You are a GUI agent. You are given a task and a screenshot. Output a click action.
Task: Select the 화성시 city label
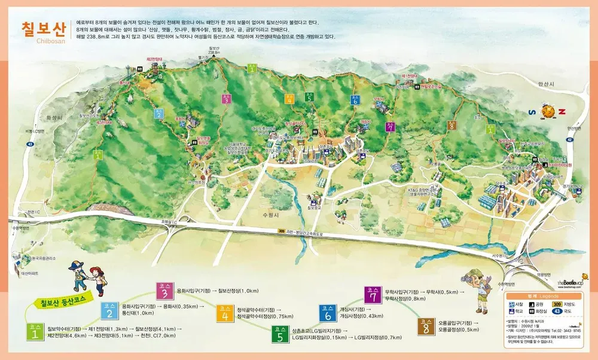coord(54,118)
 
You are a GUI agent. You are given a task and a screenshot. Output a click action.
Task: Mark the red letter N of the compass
coord(562,111)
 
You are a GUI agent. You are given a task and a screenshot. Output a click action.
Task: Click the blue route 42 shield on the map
coord(569,139)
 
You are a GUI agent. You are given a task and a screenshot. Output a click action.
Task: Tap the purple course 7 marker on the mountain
coord(390,127)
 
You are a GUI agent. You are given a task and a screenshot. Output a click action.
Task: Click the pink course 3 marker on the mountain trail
coord(225,99)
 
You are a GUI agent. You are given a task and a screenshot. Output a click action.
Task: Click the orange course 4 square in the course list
coord(225,312)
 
